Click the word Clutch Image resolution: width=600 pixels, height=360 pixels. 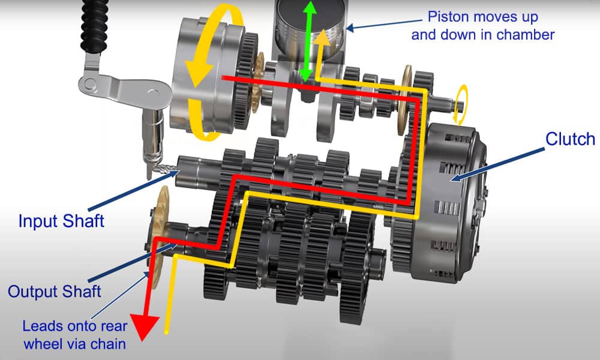coord(569,139)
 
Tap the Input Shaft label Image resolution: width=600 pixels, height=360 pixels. coord(61,220)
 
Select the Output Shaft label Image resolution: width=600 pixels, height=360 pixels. coord(55,292)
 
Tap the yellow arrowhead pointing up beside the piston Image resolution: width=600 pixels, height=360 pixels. coord(323,37)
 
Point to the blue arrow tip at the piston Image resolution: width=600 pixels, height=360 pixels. coord(349,27)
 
